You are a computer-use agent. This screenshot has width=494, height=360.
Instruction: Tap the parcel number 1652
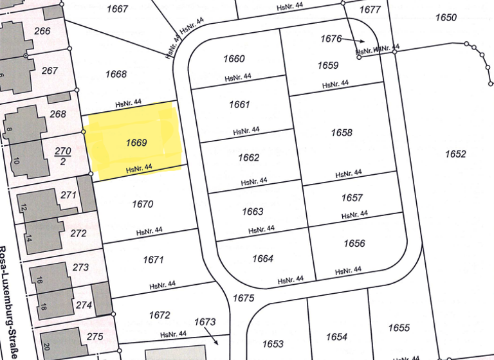pyautogui.click(x=455, y=154)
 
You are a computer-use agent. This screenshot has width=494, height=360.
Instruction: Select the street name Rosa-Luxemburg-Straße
pyautogui.click(x=8, y=302)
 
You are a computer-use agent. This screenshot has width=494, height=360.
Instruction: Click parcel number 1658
pyautogui.click(x=342, y=132)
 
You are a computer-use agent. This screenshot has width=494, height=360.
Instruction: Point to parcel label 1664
pyautogui.click(x=262, y=258)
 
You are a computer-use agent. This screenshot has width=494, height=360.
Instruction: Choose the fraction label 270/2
pyautogui.click(x=62, y=156)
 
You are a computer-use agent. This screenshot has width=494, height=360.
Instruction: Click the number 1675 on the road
pyautogui.click(x=244, y=298)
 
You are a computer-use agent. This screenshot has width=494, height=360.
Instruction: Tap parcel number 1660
pyautogui.click(x=234, y=59)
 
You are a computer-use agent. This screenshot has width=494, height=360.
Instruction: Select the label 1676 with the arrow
pyautogui.click(x=331, y=39)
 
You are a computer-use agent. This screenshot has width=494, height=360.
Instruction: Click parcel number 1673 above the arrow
pyautogui.click(x=205, y=321)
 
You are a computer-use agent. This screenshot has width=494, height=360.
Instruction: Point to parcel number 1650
pyautogui.click(x=446, y=17)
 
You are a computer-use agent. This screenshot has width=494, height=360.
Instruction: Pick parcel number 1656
pyautogui.click(x=354, y=243)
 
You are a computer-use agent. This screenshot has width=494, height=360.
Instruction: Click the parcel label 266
pyautogui.click(x=42, y=32)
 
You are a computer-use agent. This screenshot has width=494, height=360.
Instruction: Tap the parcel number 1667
pyautogui.click(x=118, y=9)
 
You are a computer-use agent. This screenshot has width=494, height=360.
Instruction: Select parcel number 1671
pyautogui.click(x=153, y=260)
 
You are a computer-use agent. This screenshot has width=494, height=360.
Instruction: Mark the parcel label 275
pyautogui.click(x=95, y=336)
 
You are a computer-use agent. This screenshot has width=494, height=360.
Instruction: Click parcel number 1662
pyautogui.click(x=248, y=157)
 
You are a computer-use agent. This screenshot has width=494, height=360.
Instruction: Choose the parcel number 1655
pyautogui.click(x=399, y=328)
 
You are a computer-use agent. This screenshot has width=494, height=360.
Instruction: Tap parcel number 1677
pyautogui.click(x=370, y=10)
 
